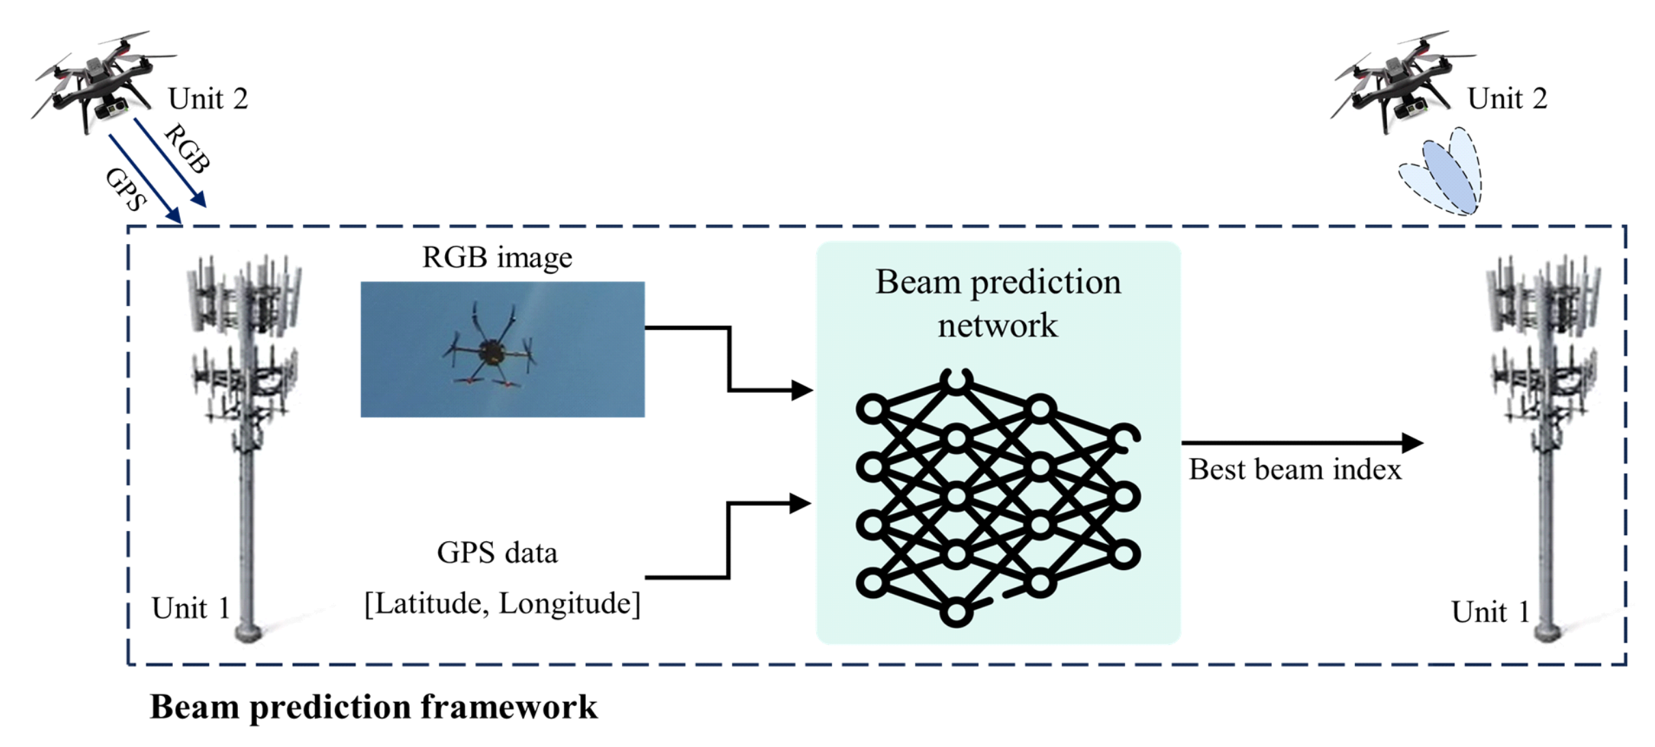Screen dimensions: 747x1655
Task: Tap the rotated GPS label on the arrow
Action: tap(126, 189)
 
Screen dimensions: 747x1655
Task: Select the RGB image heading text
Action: tap(497, 258)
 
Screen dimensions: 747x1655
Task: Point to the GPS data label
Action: tap(497, 552)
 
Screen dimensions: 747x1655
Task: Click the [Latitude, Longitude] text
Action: tap(502, 603)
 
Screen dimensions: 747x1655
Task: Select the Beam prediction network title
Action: tap(997, 303)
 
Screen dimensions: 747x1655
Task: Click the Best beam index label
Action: tap(1295, 470)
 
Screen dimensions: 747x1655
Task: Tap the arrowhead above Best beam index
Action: tap(1411, 443)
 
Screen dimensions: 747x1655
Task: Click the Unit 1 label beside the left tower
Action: tap(191, 608)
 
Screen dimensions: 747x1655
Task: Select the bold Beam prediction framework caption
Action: tap(373, 707)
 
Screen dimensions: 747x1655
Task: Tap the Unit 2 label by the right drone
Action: tap(1507, 99)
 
